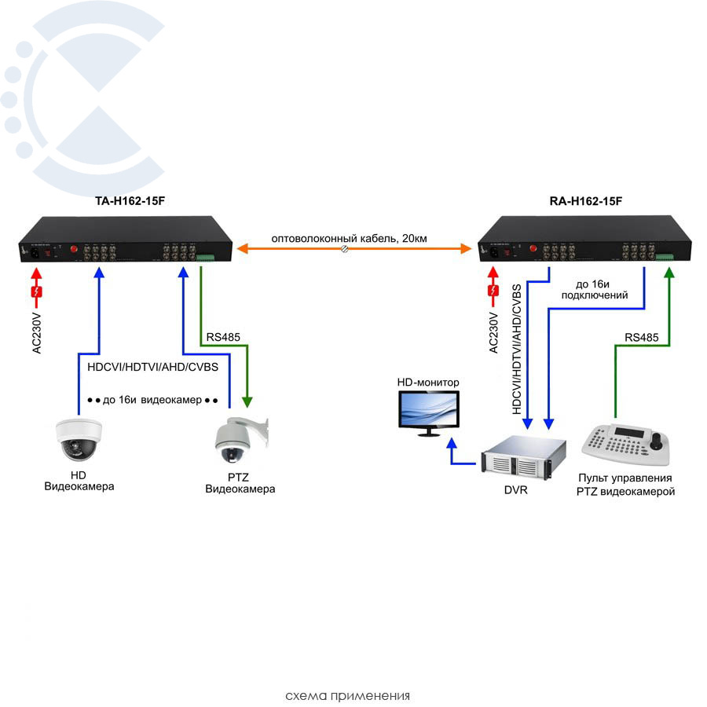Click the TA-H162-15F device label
[130, 202]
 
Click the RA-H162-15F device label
[586, 202]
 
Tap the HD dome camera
[79, 440]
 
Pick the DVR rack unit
[518, 459]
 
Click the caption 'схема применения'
[347, 696]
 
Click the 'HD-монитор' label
[428, 383]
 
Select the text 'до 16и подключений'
[601, 289]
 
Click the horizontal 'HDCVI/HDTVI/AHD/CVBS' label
[152, 368]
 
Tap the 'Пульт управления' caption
[625, 478]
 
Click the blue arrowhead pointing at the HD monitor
[452, 445]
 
